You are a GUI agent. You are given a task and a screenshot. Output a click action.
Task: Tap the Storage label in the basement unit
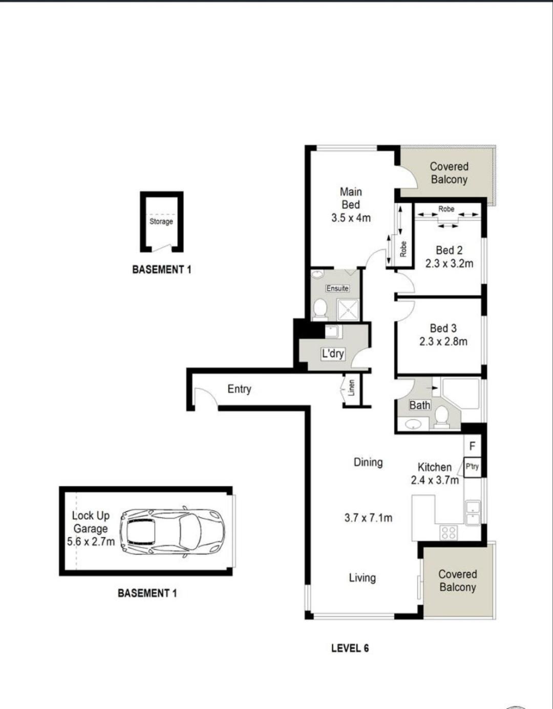[161, 222]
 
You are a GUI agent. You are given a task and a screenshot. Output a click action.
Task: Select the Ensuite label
[337, 288]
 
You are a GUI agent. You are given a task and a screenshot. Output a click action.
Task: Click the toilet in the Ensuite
[321, 308]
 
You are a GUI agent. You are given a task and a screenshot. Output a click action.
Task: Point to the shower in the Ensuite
[348, 309]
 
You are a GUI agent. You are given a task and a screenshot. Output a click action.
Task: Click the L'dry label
[333, 353]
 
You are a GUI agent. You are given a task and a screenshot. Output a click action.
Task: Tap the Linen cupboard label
[351, 388]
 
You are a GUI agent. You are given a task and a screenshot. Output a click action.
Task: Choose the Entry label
[240, 389]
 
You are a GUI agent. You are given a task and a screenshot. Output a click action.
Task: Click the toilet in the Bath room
[442, 417]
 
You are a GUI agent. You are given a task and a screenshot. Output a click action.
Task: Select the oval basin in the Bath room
[413, 424]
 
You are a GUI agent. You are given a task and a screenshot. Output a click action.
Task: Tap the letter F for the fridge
[473, 446]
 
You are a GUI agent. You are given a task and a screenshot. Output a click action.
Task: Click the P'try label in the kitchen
[472, 466]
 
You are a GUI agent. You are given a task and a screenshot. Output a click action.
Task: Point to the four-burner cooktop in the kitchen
[448, 532]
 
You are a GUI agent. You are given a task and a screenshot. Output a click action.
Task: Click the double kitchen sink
[473, 512]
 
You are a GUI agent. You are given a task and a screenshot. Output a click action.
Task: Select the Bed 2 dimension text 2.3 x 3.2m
[449, 263]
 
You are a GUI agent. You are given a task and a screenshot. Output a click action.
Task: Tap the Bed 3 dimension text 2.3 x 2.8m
[443, 341]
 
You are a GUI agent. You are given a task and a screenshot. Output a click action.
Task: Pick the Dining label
[368, 462]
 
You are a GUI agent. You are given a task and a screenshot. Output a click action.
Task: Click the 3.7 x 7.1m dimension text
[368, 518]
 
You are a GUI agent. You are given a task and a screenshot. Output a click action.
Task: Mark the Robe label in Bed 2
[446, 209]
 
